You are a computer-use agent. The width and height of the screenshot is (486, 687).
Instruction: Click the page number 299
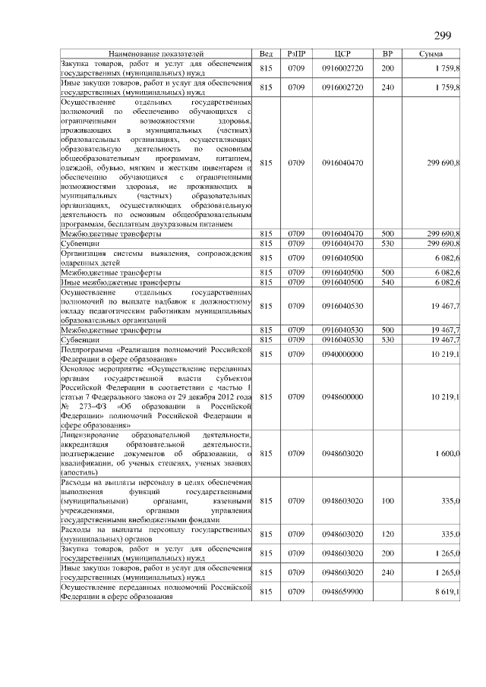click(443, 36)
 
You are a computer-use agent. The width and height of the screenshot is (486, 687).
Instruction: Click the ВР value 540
click(387, 282)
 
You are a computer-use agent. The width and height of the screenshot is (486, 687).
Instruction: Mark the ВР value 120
click(387, 534)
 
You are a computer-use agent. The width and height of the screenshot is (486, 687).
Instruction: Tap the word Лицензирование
click(90, 434)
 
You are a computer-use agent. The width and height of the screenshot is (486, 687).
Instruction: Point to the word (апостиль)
click(80, 472)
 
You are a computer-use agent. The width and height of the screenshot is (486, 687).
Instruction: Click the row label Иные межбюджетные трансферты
click(115, 282)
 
